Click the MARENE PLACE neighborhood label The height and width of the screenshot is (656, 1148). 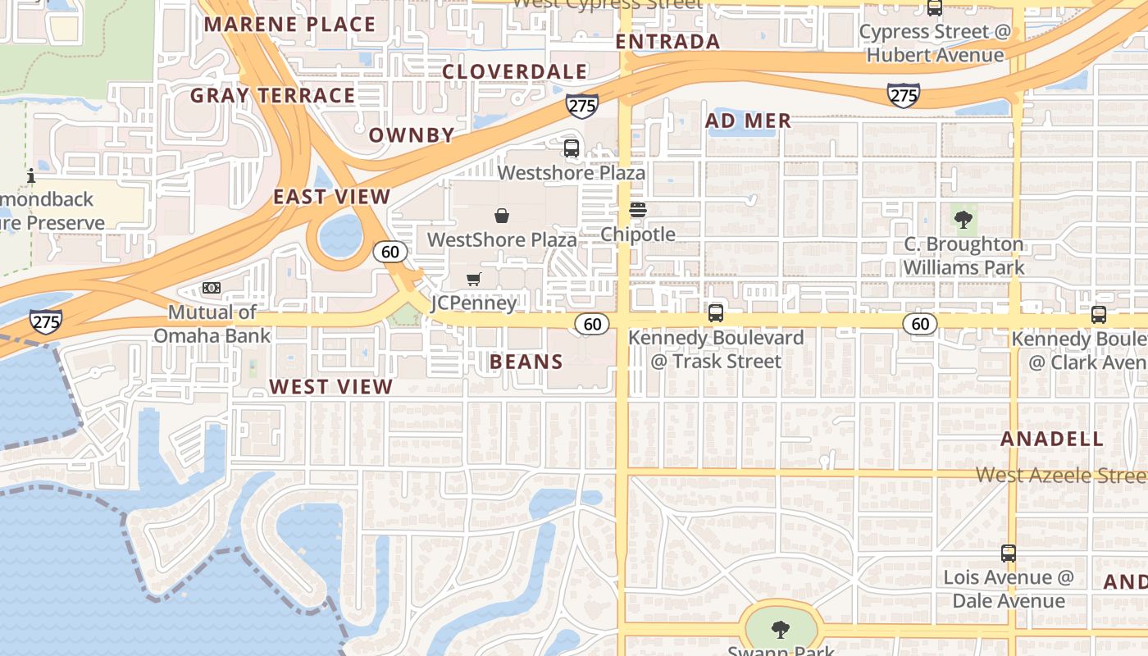point(289,24)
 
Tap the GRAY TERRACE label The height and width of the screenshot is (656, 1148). point(272,96)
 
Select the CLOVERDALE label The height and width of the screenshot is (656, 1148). point(515,72)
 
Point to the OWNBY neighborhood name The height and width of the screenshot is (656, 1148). point(412,135)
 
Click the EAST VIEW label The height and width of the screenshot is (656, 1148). point(331,197)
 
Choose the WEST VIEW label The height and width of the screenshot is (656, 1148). point(331,387)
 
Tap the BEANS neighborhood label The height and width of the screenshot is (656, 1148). point(526,362)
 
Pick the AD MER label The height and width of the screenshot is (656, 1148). point(749,121)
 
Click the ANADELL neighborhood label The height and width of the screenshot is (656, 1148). point(1052,439)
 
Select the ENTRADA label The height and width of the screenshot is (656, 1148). point(667,42)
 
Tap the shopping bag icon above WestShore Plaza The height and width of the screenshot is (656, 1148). point(502,216)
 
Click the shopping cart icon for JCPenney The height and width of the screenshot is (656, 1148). point(473,280)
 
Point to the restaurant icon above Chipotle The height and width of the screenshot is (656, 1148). point(638,210)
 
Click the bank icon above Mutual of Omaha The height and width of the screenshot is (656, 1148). point(212,288)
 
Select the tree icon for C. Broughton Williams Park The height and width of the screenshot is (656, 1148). point(963,219)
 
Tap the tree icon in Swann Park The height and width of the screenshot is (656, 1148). point(781,630)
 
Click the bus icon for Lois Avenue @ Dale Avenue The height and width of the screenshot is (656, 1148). point(1009,553)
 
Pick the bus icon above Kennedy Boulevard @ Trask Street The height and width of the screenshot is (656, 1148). point(716,312)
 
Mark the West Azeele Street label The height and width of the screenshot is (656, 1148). point(1060,475)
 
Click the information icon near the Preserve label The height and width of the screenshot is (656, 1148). point(31,175)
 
